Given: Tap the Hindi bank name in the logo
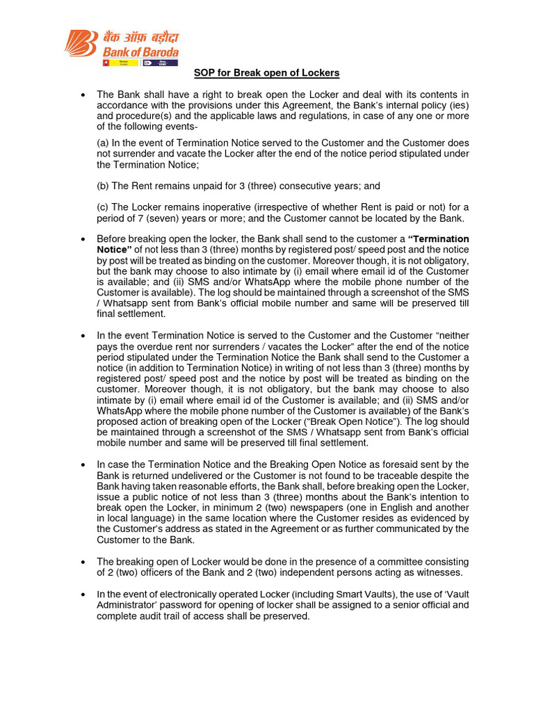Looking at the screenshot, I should tap(140, 37).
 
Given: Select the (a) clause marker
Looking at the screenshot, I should tap(104, 143).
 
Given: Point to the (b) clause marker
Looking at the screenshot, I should tap(104, 186).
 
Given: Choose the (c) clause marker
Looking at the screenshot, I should tap(104, 207).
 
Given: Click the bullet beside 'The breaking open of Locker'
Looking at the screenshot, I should tap(83, 562).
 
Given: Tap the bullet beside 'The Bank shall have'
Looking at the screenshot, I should tap(83, 95).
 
